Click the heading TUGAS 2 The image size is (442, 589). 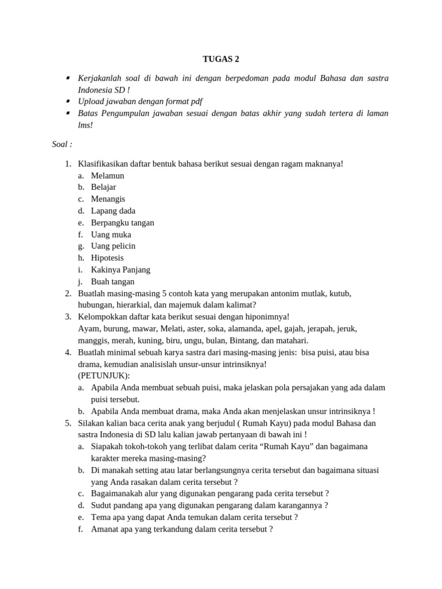[220, 59]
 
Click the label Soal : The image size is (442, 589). [62, 144]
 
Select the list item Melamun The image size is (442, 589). [108, 175]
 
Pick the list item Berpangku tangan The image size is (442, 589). [123, 223]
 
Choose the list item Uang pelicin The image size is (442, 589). [113, 246]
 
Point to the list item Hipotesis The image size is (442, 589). [108, 258]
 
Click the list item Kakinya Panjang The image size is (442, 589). [121, 270]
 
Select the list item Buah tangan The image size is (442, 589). [113, 282]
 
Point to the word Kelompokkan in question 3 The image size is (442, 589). [101, 317]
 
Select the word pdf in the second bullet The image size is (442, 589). [196, 102]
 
